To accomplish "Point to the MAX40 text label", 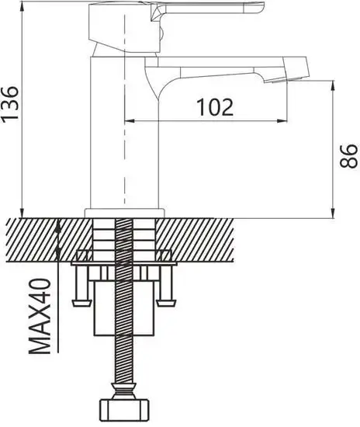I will click(40, 318).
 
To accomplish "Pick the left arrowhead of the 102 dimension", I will click(130, 120).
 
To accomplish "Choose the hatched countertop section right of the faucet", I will click(202, 237).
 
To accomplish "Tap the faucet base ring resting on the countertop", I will click(124, 212).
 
